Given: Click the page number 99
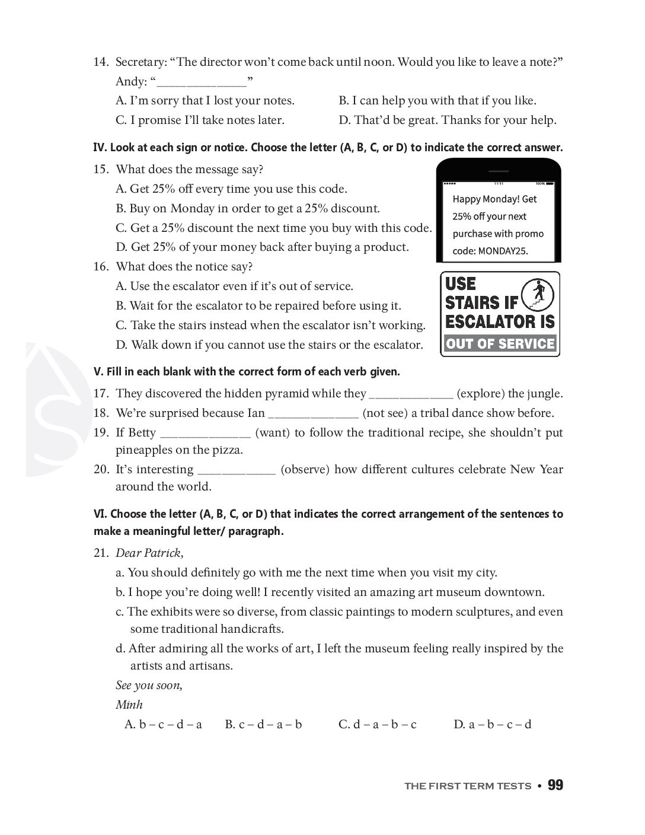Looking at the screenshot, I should point(555,785).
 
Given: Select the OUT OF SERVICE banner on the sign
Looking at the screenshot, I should point(500,344).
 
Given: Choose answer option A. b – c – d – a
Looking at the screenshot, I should point(163,724).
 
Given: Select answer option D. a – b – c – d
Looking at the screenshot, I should point(492,724).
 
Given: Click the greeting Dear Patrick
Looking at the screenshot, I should point(149,553).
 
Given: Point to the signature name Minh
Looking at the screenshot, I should point(129,705).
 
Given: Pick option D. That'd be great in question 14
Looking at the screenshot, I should point(447,120).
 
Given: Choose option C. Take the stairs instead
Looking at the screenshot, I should point(270,326).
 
